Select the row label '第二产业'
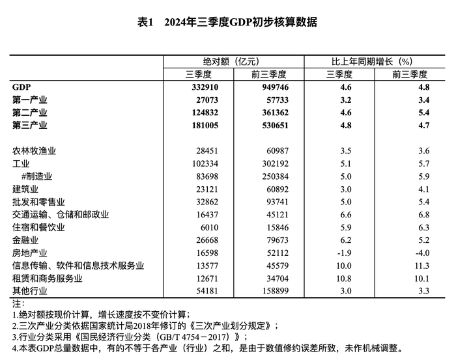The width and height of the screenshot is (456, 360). [x=30, y=112]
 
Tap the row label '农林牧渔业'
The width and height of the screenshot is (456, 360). [x=34, y=151]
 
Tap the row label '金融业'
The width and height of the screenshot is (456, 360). [x=25, y=240]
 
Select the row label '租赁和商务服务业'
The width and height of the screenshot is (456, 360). [x=48, y=279]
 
